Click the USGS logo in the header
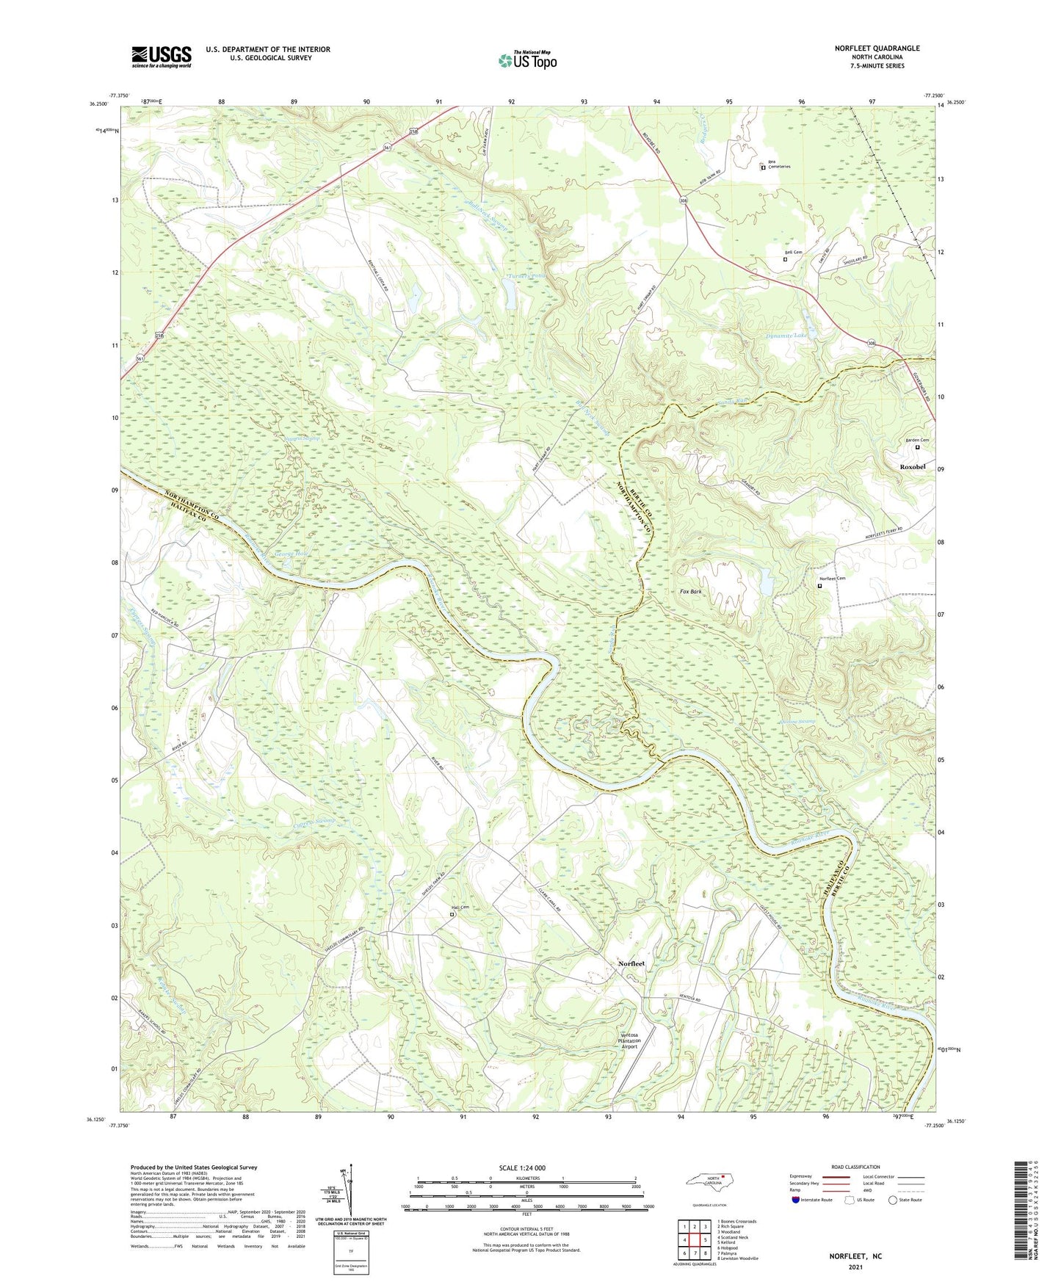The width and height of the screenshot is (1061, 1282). pos(162,57)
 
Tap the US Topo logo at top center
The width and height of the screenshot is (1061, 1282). pos(527,60)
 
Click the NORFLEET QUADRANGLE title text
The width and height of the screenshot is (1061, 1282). pos(877,48)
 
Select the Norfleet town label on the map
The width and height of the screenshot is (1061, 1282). pos(631,963)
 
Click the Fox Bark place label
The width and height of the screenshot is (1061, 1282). pos(690,591)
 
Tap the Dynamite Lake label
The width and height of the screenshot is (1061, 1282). pos(786,336)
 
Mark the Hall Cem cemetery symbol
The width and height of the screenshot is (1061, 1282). pos(452,915)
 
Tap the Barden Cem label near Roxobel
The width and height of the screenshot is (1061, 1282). pos(917,440)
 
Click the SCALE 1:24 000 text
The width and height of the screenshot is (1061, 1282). pos(522,1167)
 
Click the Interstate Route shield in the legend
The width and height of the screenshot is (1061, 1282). pos(797,1200)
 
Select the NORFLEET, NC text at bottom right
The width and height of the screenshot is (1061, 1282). pos(855,1256)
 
